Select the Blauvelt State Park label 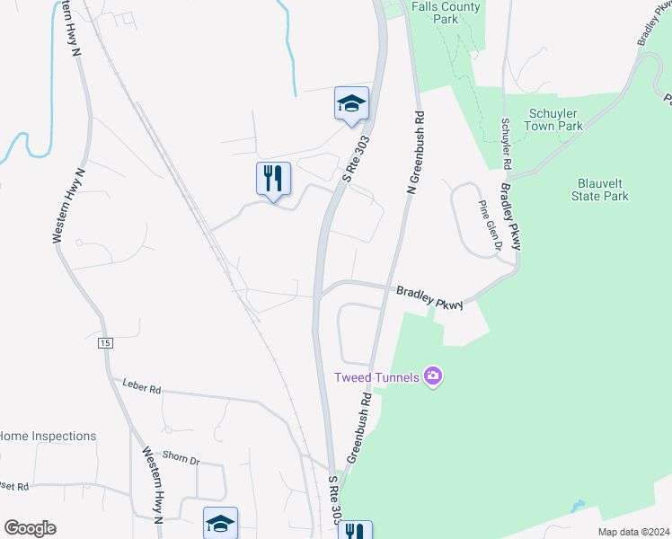pos(601,190)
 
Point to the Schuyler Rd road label pos(506,145)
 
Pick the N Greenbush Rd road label pos(416,153)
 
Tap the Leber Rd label pos(142,389)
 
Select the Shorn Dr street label pos(181,458)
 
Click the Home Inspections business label pos(48,436)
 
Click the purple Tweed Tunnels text pos(376,376)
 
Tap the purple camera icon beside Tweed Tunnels pos(433,376)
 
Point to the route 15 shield pos(106,343)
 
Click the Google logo pos(31,528)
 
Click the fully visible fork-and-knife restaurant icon pos(273,178)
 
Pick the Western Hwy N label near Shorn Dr pos(150,485)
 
